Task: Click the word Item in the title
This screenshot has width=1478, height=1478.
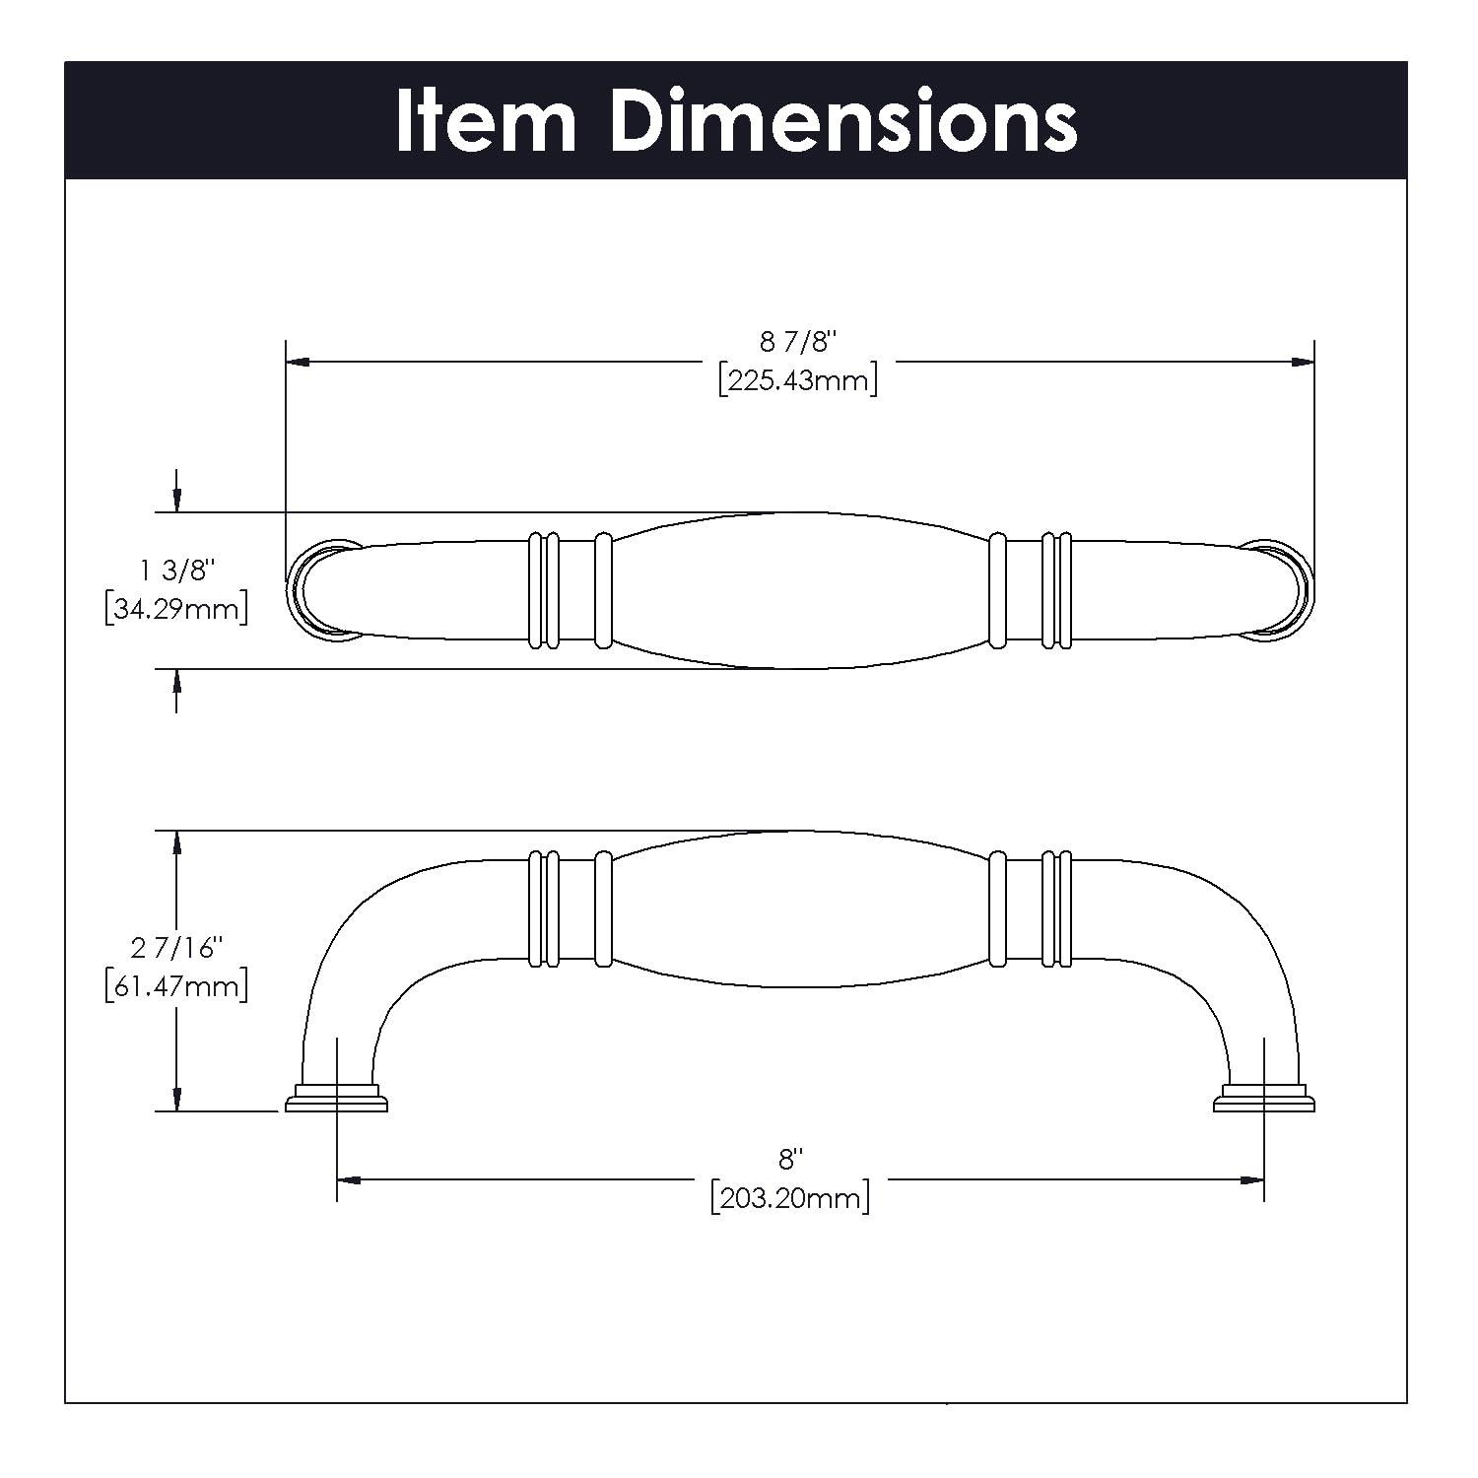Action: pyautogui.click(x=485, y=120)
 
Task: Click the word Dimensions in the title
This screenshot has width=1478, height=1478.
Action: pyautogui.click(x=843, y=120)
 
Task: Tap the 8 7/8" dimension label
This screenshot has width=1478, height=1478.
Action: pyautogui.click(x=798, y=342)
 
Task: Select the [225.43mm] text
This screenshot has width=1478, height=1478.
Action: pyautogui.click(x=798, y=379)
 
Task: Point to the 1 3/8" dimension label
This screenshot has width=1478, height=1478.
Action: pyautogui.click(x=176, y=571)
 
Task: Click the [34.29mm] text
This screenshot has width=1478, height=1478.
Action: pyautogui.click(x=176, y=609)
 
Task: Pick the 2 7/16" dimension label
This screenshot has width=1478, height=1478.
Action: pyautogui.click(x=176, y=948)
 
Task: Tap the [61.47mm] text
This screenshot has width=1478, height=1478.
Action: pyautogui.click(x=176, y=985)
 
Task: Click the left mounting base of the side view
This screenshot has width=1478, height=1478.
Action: pyautogui.click(x=336, y=1100)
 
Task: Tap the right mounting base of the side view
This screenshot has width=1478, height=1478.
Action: pyautogui.click(x=1264, y=1100)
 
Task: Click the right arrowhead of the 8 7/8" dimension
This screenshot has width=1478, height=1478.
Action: pyautogui.click(x=1303, y=363)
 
